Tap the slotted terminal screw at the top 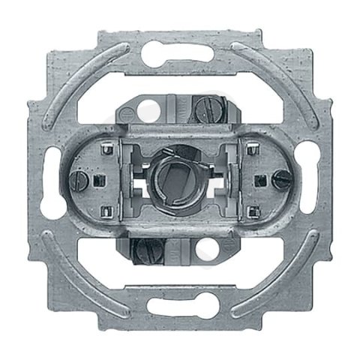click(207, 111)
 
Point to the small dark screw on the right click(282, 178)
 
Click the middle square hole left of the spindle click(98, 179)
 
